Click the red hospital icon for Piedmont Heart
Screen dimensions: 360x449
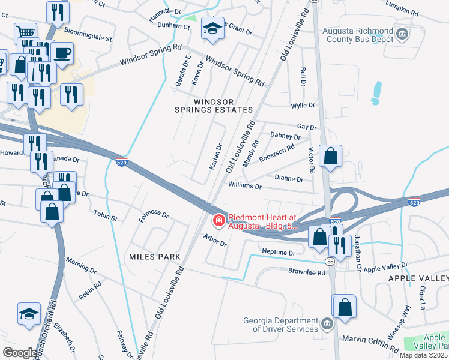click(219, 221)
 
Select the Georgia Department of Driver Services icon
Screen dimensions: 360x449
click(326, 325)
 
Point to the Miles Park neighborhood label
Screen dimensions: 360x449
click(155, 257)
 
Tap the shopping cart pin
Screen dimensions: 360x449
click(25, 33)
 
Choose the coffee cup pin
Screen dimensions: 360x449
click(62, 53)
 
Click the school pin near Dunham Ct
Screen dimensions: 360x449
click(212, 28)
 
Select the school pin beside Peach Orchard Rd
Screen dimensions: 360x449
click(29, 314)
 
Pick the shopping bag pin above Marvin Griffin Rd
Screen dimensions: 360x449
click(345, 307)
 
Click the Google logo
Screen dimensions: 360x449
click(19, 353)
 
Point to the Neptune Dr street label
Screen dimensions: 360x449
click(279, 253)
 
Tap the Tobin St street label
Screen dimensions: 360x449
click(105, 214)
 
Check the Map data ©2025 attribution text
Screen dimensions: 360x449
click(423, 355)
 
